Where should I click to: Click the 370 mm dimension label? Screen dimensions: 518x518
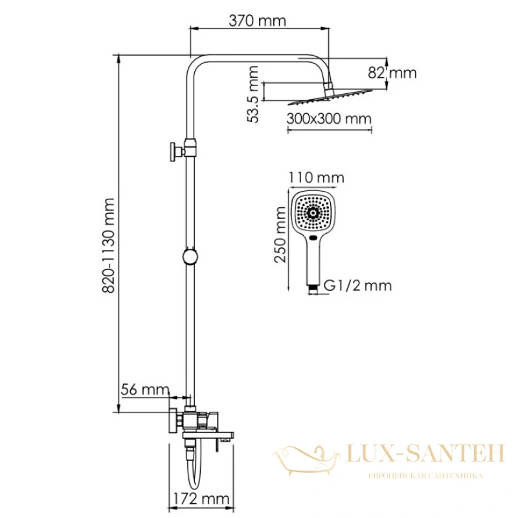257,21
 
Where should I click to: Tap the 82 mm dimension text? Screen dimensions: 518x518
392,73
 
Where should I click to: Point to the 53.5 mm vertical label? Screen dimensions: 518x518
253,95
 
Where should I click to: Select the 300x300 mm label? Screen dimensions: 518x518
329,118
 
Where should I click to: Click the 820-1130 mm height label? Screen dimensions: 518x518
108,245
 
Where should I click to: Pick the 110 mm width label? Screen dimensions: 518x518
317,177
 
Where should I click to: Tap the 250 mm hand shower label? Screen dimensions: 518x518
280,234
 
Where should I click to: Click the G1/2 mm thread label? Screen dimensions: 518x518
358,286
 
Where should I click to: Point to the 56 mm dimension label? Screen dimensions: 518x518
145,390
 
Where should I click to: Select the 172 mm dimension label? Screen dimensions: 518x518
201,499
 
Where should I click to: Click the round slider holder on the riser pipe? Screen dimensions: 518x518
190,256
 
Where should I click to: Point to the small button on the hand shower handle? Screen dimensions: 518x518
313,238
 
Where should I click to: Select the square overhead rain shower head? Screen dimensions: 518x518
330,98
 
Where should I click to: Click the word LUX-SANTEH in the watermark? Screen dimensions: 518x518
426,453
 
